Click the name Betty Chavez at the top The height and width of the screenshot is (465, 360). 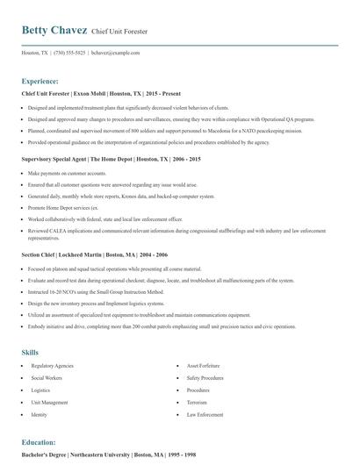tap(54, 30)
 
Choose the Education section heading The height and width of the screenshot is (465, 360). tap(41, 442)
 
